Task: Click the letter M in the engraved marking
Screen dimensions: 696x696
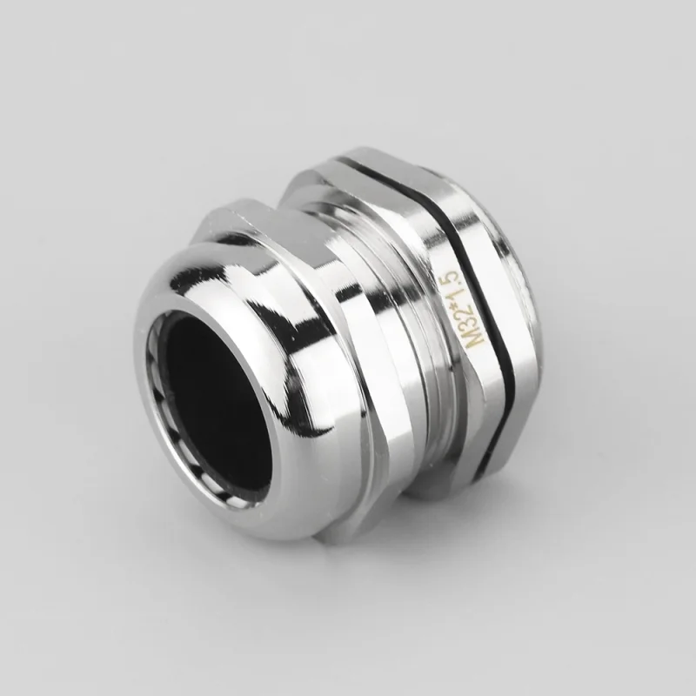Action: point(478,340)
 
